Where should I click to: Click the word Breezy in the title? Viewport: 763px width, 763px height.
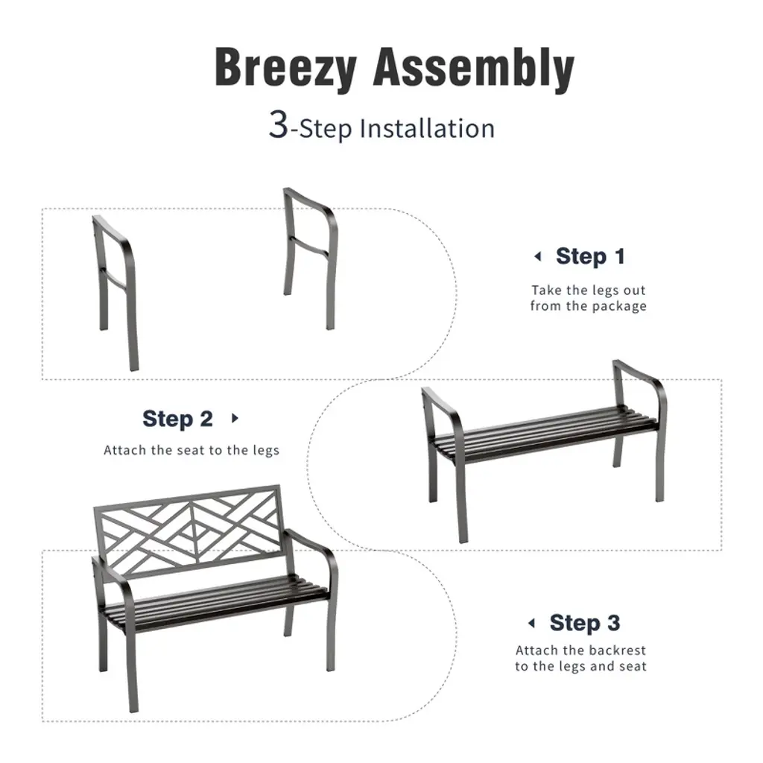click(285, 68)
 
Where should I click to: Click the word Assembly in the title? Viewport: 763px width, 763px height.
click(473, 68)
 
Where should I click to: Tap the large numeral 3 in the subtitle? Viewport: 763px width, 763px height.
click(279, 125)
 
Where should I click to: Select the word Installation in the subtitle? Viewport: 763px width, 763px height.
click(427, 128)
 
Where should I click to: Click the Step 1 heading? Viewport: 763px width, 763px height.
click(590, 256)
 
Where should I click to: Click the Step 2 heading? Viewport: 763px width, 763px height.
click(177, 419)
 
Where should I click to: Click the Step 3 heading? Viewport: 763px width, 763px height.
click(585, 623)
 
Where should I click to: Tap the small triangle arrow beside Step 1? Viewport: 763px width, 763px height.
click(538, 256)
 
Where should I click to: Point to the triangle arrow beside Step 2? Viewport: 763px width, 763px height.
click(235, 418)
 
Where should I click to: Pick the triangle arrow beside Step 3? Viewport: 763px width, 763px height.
click(531, 623)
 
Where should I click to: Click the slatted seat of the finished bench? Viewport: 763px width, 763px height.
click(217, 604)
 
